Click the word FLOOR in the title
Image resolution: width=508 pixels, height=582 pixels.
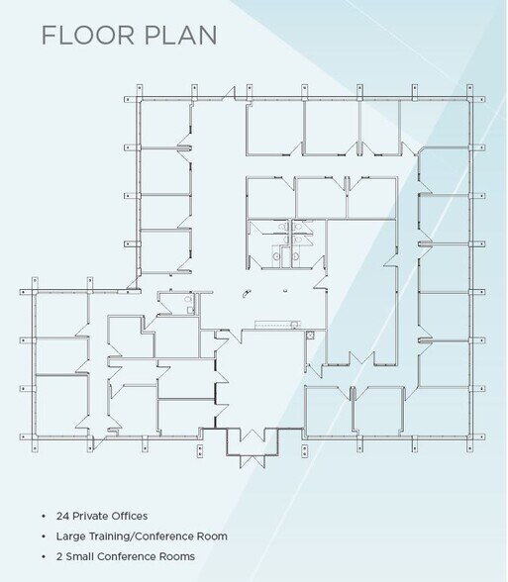87,36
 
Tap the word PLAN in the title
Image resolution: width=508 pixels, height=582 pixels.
180,36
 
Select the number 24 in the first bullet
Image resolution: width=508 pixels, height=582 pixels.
62,516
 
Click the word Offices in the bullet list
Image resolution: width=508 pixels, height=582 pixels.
130,516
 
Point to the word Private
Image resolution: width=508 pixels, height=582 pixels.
91,516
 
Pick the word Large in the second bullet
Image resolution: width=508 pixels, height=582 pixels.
67,536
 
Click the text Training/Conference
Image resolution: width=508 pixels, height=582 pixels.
138,536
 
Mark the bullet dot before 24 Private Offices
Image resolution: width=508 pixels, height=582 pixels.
45,517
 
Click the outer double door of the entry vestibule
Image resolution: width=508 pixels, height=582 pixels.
253,461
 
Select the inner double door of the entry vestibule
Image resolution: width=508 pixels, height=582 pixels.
253,436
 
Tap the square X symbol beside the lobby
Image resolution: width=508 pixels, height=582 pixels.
311,336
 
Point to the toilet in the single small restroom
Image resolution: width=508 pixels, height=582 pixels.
188,299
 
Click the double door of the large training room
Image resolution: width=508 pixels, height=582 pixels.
362,358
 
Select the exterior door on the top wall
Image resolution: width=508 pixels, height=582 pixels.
229,93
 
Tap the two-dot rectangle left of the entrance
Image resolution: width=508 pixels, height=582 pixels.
199,451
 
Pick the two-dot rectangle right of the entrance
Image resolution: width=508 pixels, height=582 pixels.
305,451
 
